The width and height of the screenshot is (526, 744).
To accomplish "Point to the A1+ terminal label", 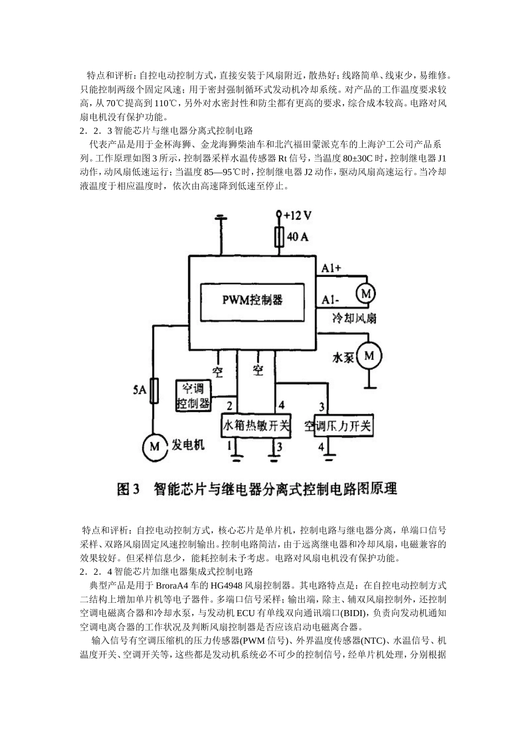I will (332, 268).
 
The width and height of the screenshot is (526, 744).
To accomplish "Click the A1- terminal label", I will (331, 301).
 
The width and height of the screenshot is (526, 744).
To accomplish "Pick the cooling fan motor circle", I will (365, 294).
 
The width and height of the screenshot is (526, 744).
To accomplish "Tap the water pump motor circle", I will (368, 356).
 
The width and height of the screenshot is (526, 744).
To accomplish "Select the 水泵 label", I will (343, 358).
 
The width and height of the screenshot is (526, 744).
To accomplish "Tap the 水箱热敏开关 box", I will (256, 426).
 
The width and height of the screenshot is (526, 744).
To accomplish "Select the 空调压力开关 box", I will (338, 426).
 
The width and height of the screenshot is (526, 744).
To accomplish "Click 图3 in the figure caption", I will (130, 489).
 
